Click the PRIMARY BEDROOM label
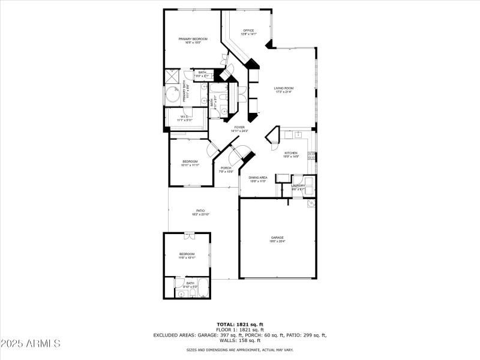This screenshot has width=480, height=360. tap(193, 39)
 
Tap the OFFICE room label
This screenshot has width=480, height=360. tap(248, 31)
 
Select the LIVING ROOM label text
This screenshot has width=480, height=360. tap(284, 88)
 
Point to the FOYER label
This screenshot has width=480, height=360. tap(239, 127)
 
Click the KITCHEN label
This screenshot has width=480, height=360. tap(291, 153)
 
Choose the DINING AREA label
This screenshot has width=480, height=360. tap(257, 178)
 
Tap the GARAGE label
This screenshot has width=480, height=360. tap(277, 238)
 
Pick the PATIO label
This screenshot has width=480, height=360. tap(201, 211)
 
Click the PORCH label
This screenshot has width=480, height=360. tap(226, 168)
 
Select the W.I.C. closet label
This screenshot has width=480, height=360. tap(185, 117)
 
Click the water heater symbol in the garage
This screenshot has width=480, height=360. tap(310, 204)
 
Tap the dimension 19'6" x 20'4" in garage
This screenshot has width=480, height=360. tap(277, 242)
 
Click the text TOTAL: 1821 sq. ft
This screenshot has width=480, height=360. tap(240, 324)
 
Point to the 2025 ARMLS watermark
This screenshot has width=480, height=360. tap(31, 344)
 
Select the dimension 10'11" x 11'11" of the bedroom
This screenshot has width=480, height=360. tap(190, 165)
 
